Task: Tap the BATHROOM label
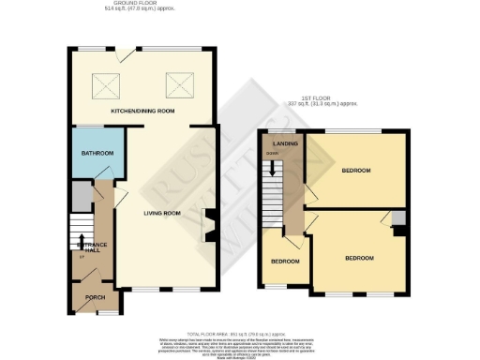click(x=96, y=153)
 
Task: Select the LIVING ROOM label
click(x=161, y=214)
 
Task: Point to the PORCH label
click(x=95, y=297)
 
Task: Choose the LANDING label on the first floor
click(x=285, y=143)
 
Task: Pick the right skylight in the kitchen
click(x=177, y=86)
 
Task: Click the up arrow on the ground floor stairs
click(x=82, y=242)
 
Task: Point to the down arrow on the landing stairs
click(x=273, y=169)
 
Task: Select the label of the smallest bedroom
click(x=285, y=261)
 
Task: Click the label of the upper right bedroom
click(x=356, y=171)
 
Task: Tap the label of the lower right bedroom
click(x=359, y=258)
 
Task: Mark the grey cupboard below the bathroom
click(x=82, y=195)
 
